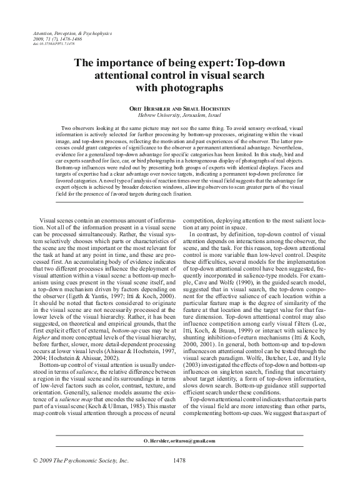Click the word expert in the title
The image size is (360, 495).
tap(191, 63)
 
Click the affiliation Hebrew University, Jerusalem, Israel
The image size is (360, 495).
tap(179, 115)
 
